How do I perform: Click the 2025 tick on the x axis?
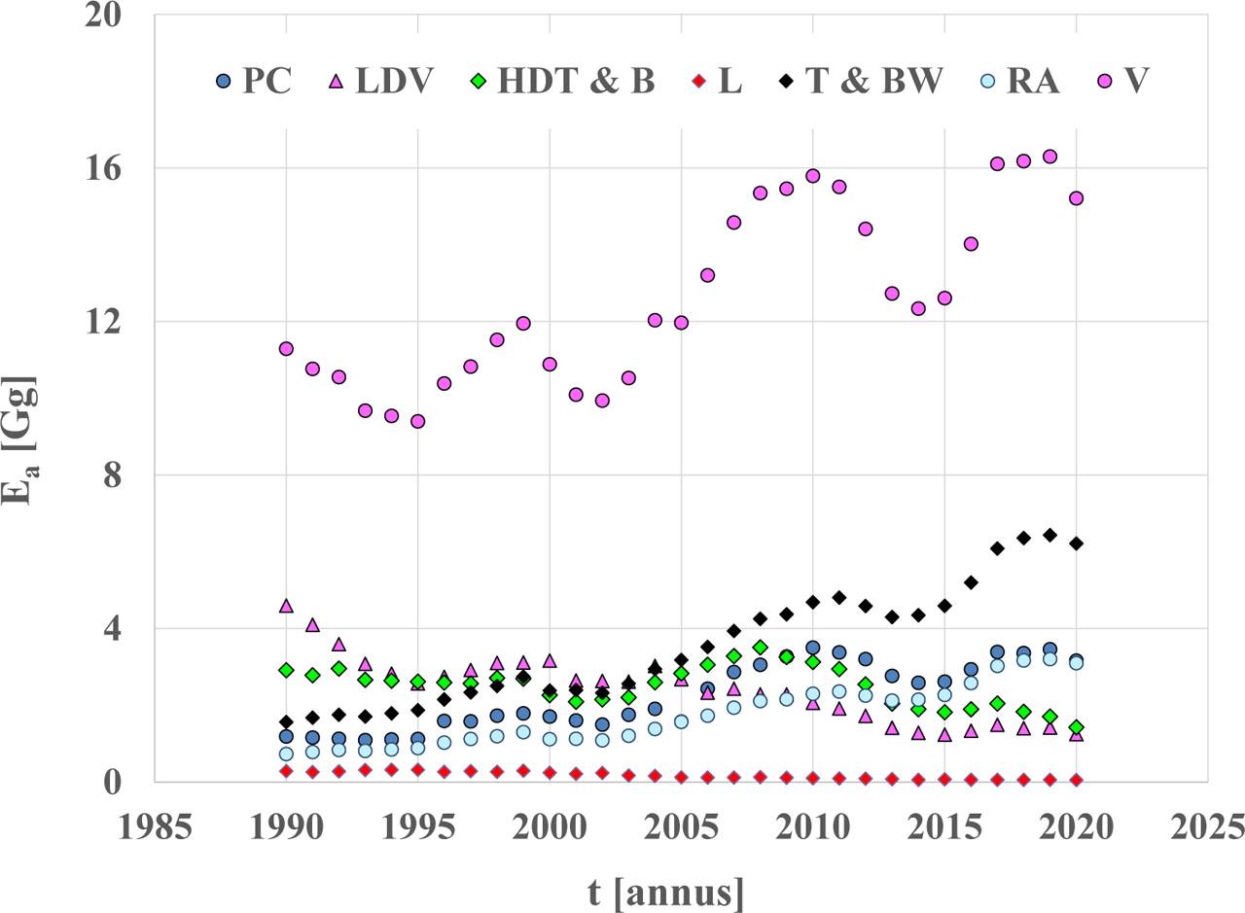(1207, 829)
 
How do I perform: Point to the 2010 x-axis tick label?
(812, 829)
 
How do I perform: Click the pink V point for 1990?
(286, 348)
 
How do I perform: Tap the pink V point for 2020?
(1076, 198)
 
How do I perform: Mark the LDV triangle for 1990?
(286, 606)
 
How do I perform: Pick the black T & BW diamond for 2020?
(1076, 544)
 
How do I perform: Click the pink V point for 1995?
(417, 421)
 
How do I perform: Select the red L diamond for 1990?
(286, 771)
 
